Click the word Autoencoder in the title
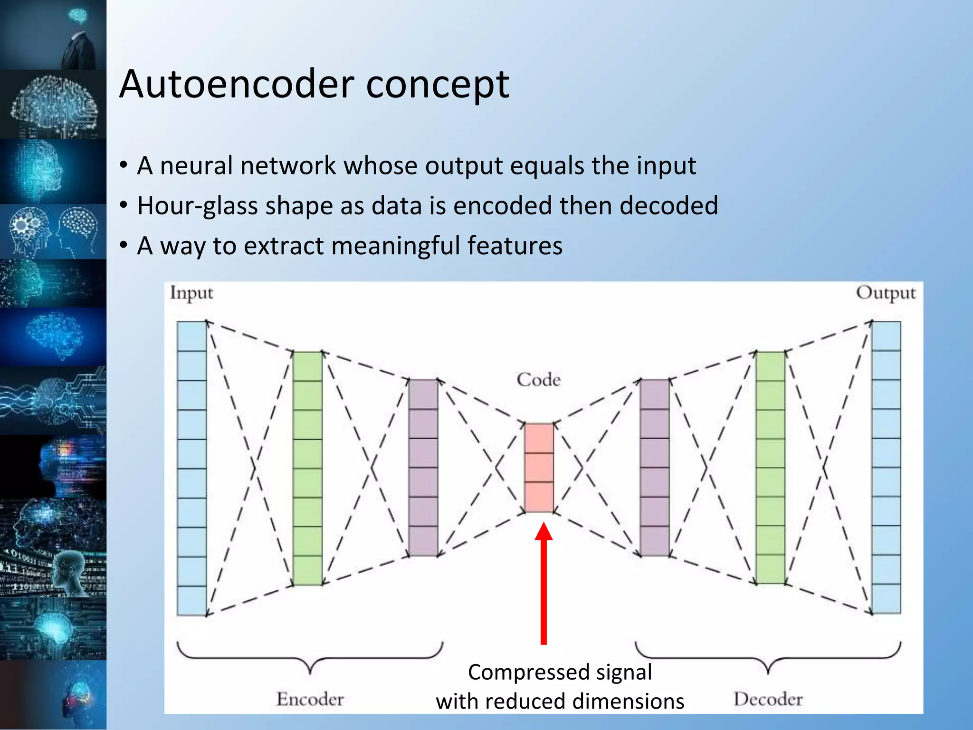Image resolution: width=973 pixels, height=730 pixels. pyautogui.click(x=237, y=84)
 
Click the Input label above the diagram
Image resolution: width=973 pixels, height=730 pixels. pyautogui.click(x=191, y=293)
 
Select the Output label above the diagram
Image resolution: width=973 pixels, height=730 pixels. pyautogui.click(x=886, y=293)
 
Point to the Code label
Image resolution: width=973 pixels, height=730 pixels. pyautogui.click(x=538, y=380)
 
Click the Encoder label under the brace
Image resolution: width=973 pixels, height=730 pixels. pyautogui.click(x=310, y=699)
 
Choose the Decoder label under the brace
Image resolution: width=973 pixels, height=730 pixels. pyautogui.click(x=768, y=699)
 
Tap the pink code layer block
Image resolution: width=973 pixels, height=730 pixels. pyautogui.click(x=539, y=468)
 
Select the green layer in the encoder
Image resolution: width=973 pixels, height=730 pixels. pyautogui.click(x=307, y=468)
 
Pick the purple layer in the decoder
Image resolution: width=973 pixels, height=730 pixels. pyautogui.click(x=655, y=468)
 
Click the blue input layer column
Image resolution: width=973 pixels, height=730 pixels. pyautogui.click(x=191, y=468)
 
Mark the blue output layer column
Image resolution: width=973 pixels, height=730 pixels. pyautogui.click(x=886, y=468)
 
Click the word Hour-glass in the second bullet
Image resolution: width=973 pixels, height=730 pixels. pyautogui.click(x=197, y=206)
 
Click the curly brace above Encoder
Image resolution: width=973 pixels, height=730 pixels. pyautogui.click(x=310, y=658)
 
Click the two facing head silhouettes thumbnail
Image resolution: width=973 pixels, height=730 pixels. pyautogui.click(x=53, y=232)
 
